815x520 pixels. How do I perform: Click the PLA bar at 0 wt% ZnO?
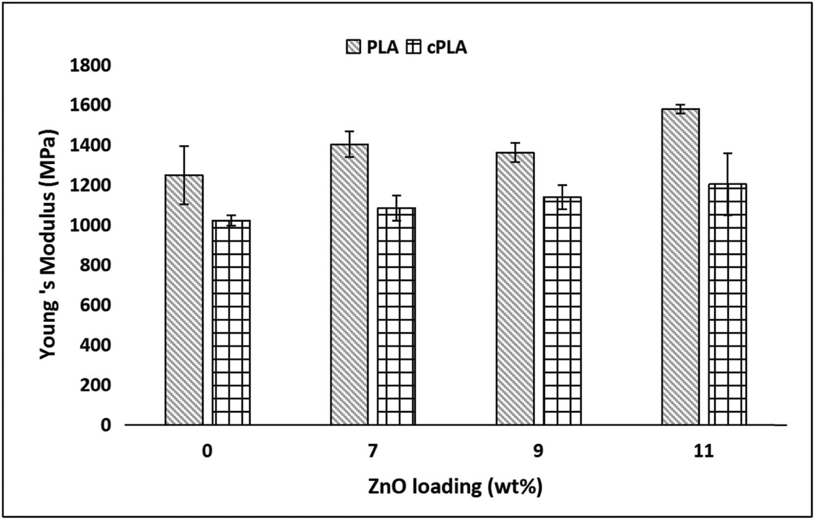pyautogui.click(x=184, y=299)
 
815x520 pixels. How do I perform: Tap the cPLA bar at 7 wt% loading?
pyautogui.click(x=397, y=315)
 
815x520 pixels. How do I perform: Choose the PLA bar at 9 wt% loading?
pyautogui.click(x=515, y=288)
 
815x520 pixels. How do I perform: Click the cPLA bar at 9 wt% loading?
pyautogui.click(x=562, y=310)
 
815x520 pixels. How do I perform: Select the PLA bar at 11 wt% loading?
pyautogui.click(x=680, y=267)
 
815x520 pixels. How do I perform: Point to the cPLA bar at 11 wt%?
pyautogui.click(x=728, y=305)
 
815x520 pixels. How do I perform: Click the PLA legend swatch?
pyautogui.click(x=353, y=47)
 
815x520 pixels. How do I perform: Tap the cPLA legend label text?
pyautogui.click(x=447, y=47)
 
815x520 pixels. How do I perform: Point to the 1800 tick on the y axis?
pyautogui.click(x=90, y=65)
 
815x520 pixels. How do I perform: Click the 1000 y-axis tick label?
pyautogui.click(x=90, y=225)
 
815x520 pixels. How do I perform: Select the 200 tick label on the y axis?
pyautogui.click(x=95, y=385)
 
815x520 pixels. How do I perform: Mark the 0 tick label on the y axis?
pyautogui.click(x=105, y=425)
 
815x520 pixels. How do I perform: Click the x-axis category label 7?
pyautogui.click(x=373, y=451)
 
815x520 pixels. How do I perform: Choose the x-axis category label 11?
pyautogui.click(x=703, y=451)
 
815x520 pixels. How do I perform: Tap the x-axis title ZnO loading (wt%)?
pyautogui.click(x=455, y=486)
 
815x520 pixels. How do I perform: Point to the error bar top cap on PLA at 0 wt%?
pyautogui.click(x=184, y=146)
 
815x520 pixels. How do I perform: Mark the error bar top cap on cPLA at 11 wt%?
pyautogui.click(x=728, y=153)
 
